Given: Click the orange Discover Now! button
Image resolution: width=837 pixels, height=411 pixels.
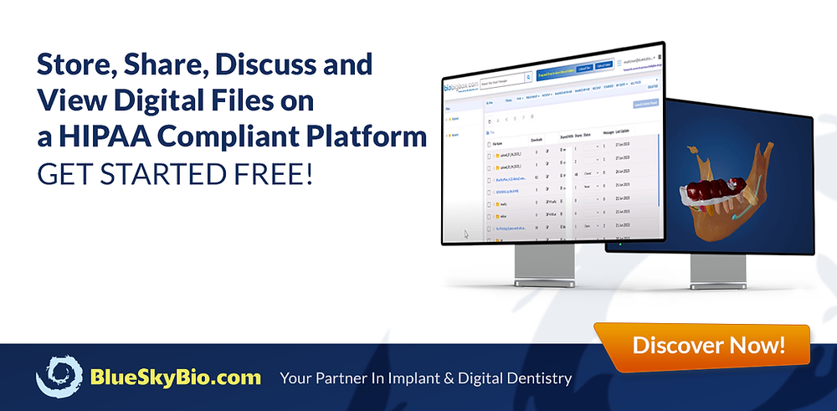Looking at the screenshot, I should [708, 344].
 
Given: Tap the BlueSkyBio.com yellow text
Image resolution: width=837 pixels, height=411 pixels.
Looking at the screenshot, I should [175, 377].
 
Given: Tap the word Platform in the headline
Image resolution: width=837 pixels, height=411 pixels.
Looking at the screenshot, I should [369, 136].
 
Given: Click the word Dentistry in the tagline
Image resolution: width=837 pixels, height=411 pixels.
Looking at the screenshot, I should [531, 378].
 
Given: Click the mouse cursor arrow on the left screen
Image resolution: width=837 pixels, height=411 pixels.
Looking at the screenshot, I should [465, 234].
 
